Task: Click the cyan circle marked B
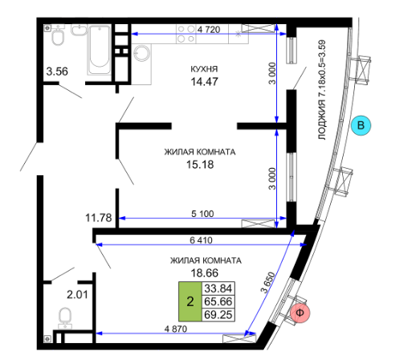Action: coord(361,125)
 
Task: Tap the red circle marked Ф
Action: coord(300,313)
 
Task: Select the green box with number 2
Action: coord(190,301)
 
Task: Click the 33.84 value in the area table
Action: coord(218,288)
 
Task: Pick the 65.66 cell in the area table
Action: coord(218,301)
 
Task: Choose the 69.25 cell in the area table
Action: coord(218,315)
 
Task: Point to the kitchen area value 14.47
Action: coord(204,82)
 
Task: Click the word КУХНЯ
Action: coord(204,69)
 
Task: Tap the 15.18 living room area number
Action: coord(200,165)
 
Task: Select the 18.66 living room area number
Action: coord(204,273)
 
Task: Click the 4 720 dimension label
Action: coord(209,29)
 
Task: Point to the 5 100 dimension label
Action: coord(202,214)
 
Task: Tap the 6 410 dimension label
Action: coord(201,240)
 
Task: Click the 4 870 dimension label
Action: coord(176,329)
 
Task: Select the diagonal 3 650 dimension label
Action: coord(268,283)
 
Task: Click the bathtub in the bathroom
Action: coord(100,50)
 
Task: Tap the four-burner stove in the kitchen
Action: coord(186,34)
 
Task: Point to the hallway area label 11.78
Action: coord(98,218)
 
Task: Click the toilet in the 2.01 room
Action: coord(65,318)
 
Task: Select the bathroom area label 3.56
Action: coord(57,72)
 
